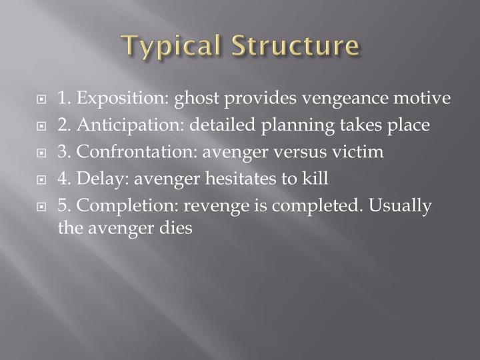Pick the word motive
(x=426, y=99)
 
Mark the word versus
(x=296, y=152)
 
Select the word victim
(x=360, y=152)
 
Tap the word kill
(x=316, y=179)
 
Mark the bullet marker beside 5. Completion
(x=42, y=207)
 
